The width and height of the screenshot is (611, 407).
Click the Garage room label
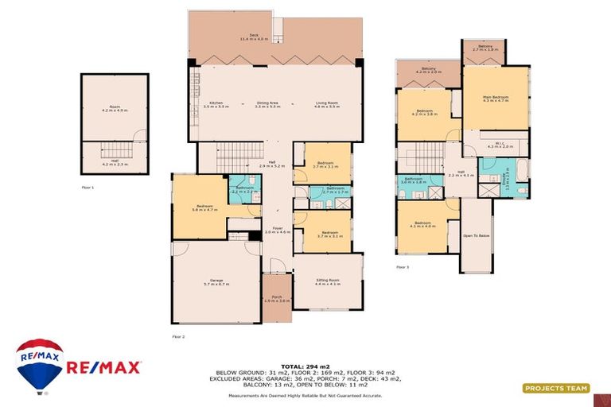216,281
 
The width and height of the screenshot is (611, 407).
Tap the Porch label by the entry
277,298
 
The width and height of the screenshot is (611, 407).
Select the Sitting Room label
328,282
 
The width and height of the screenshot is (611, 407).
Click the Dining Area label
267,104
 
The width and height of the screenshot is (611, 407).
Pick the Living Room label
327,104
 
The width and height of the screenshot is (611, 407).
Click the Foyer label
278,231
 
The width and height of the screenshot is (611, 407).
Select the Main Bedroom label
495,99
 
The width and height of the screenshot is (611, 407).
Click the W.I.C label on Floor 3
495,145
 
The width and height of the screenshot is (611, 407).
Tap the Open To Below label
476,236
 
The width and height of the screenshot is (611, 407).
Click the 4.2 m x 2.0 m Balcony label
428,72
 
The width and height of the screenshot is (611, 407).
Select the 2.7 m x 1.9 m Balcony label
485,48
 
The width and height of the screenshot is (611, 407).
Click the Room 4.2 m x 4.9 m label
115,110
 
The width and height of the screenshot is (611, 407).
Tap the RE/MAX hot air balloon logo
39,365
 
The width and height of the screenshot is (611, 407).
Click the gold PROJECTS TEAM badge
556,389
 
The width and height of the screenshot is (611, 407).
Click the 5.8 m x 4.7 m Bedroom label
199,207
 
